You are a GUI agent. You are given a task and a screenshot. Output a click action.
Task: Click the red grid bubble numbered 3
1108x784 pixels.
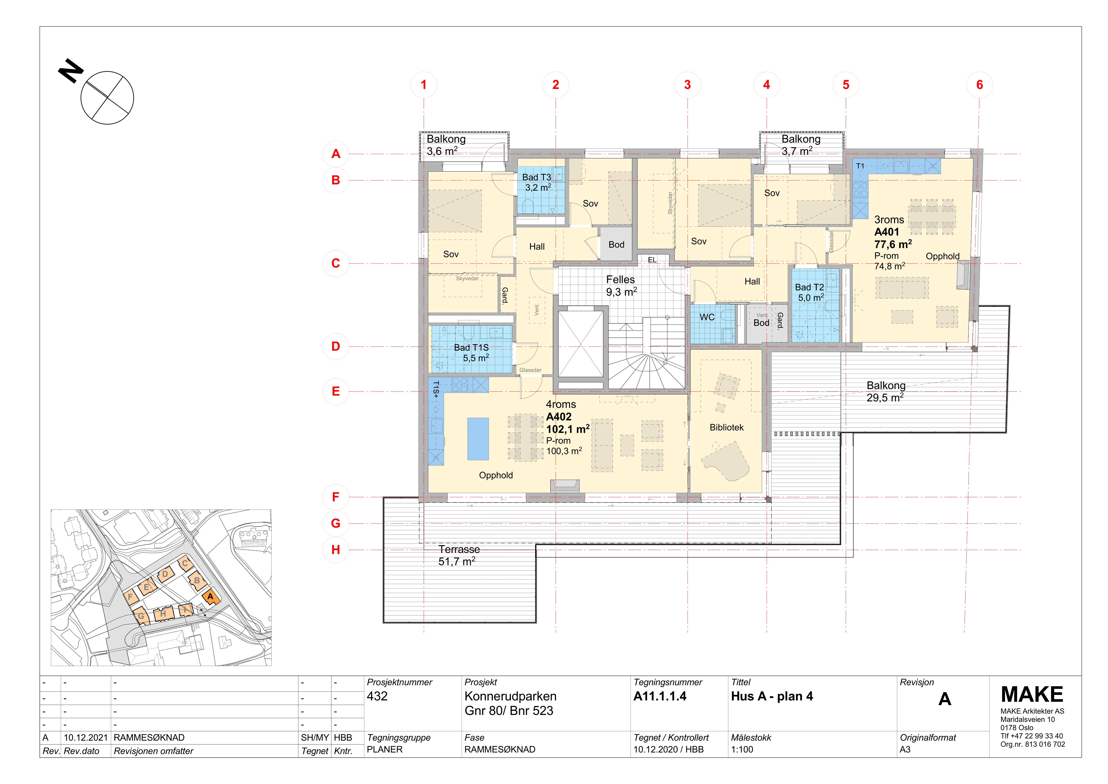[x=688, y=85]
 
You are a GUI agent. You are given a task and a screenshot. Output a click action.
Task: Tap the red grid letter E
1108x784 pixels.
[x=336, y=392]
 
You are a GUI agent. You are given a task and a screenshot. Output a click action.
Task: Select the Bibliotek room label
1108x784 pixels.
[x=726, y=428]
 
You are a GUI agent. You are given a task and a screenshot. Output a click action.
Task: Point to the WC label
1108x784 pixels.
[x=707, y=317]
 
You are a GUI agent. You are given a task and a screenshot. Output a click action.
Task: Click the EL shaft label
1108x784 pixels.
[x=652, y=260]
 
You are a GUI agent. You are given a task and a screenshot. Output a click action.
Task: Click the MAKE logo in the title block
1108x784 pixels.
[x=1032, y=695]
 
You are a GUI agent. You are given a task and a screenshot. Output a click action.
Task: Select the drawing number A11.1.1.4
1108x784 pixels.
[x=660, y=696]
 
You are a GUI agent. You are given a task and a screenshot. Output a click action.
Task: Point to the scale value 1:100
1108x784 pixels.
[x=742, y=750]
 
